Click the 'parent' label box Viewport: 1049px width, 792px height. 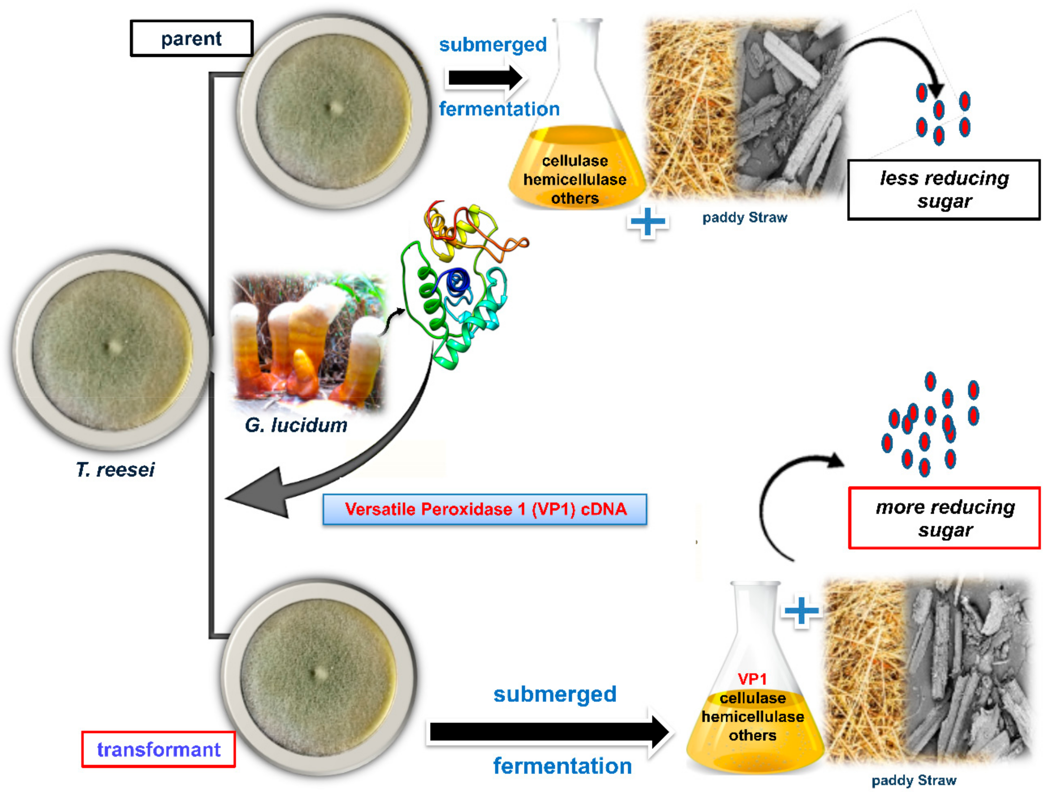(191, 39)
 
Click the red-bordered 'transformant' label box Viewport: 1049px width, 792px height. (158, 750)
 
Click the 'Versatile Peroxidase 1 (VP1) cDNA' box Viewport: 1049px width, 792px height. (485, 509)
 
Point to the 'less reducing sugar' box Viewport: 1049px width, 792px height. (944, 190)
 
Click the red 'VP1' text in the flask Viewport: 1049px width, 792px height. (752, 679)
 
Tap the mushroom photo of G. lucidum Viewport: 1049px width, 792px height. (307, 342)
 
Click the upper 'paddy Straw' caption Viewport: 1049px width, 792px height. (744, 218)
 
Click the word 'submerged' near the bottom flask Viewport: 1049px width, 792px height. (555, 694)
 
